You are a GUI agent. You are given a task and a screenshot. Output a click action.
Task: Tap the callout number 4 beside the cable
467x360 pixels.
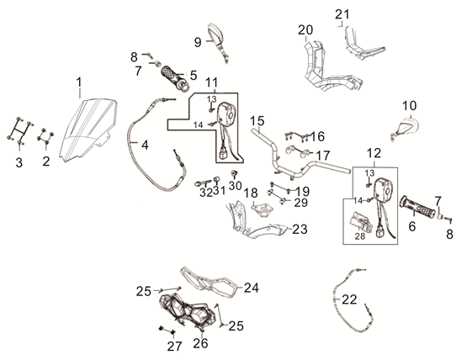pyautogui.click(x=145, y=145)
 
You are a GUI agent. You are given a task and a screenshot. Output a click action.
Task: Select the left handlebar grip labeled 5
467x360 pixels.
pyautogui.click(x=175, y=78)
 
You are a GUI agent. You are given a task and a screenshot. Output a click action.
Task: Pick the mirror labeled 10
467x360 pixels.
pyautogui.click(x=406, y=128)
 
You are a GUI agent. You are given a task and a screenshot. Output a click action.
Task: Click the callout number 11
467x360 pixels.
pyautogui.click(x=212, y=82)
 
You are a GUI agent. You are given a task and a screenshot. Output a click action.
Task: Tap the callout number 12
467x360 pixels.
pyautogui.click(x=374, y=153)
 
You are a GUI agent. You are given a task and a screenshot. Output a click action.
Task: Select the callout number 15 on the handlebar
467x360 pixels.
pyautogui.click(x=257, y=121)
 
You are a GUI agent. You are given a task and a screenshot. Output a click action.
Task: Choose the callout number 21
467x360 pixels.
pyautogui.click(x=342, y=14)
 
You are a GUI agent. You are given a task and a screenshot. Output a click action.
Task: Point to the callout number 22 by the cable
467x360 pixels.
pyautogui.click(x=349, y=299)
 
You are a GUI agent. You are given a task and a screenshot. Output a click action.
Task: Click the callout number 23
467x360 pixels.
pyautogui.click(x=300, y=229)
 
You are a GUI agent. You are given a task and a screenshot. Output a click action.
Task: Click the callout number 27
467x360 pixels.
pyautogui.click(x=174, y=346)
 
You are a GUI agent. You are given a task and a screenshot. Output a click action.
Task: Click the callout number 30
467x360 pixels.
pyautogui.click(x=235, y=186)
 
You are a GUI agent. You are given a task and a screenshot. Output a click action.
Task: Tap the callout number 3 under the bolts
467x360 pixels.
pyautogui.click(x=19, y=162)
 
